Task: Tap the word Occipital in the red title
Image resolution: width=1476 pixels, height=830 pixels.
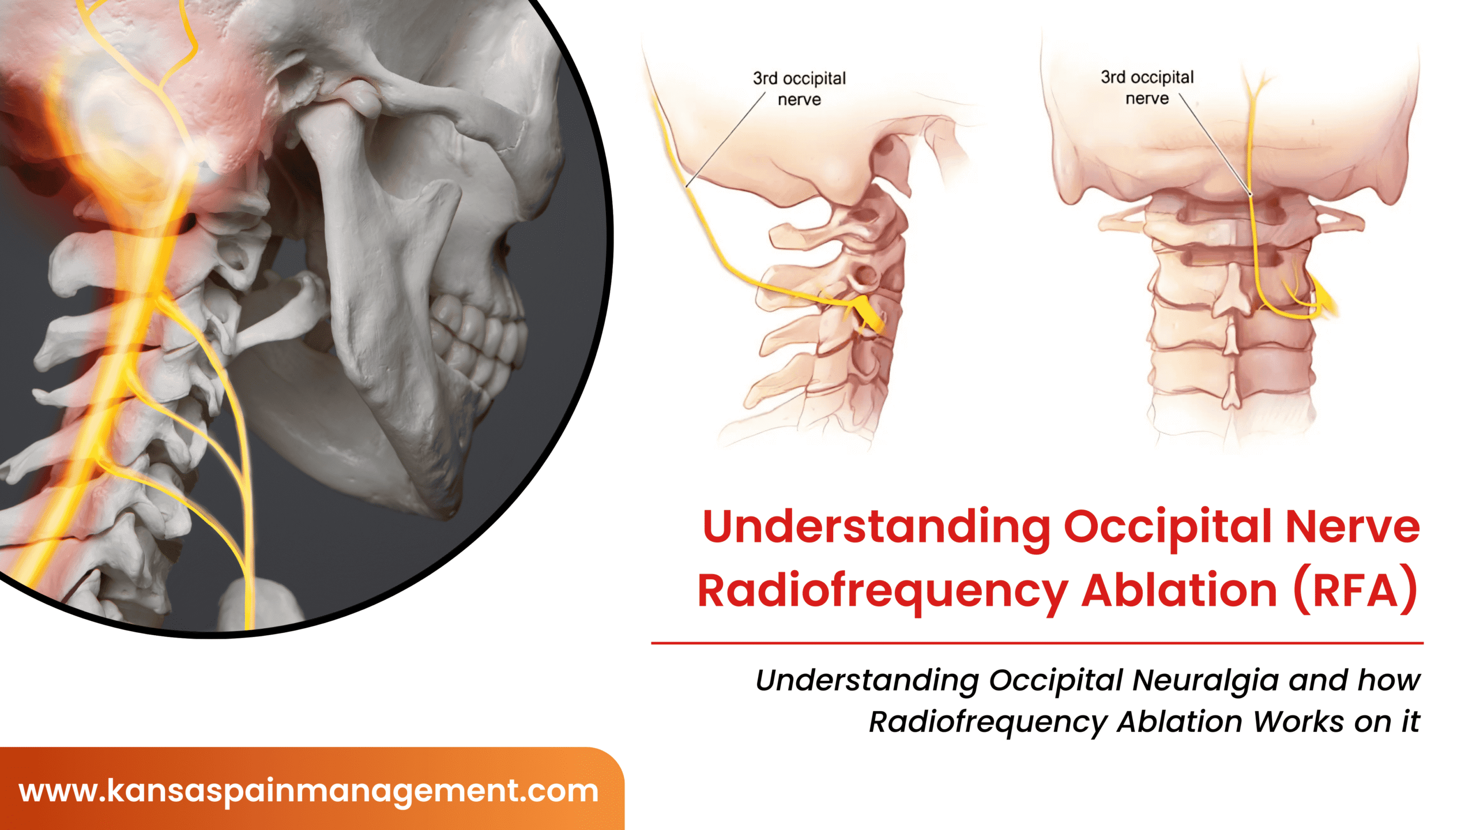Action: tap(1168, 528)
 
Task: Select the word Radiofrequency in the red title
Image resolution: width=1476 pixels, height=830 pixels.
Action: tap(883, 592)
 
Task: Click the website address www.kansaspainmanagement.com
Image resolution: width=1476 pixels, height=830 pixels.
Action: tap(308, 791)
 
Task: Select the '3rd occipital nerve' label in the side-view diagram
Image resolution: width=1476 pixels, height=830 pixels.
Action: tap(799, 89)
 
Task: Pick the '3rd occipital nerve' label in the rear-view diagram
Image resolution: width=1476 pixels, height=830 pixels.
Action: tap(1147, 88)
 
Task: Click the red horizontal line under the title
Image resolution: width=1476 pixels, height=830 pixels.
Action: tap(1037, 643)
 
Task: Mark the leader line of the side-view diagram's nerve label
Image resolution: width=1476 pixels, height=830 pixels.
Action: tap(725, 139)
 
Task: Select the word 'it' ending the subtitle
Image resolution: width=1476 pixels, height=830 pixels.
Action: tap(1411, 722)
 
